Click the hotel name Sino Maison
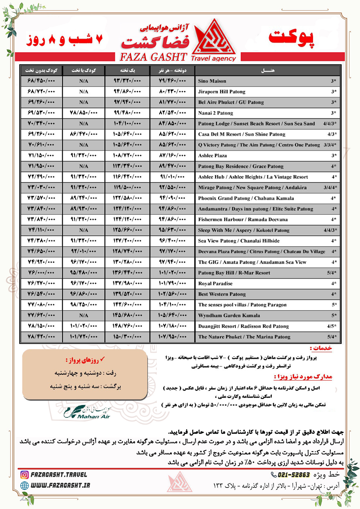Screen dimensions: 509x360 [212, 81]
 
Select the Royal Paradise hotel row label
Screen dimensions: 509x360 [215, 283]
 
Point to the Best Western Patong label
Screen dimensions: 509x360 [222, 294]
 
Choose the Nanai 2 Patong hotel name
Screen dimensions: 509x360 [216, 113]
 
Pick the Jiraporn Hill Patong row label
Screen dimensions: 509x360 [222, 92]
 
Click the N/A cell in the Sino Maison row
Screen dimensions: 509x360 [84, 81]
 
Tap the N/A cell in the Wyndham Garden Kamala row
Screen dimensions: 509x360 [84, 315]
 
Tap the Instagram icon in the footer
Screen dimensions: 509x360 [25, 475]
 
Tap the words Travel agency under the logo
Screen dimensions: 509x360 [214, 58]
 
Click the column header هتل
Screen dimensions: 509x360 [267, 71]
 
